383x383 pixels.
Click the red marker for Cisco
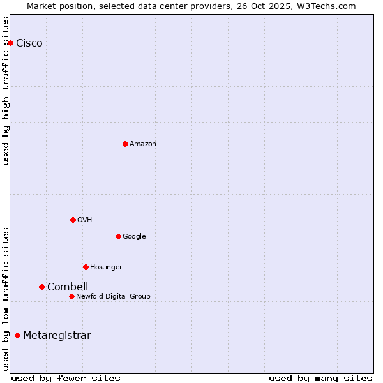[11, 43]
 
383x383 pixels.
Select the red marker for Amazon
[125, 144]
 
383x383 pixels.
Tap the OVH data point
[73, 220]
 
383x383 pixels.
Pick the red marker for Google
[118, 236]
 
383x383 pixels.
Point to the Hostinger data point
[86, 267]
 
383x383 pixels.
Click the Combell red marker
[41, 287]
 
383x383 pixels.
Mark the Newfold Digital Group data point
[71, 296]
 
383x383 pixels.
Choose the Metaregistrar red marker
[17, 336]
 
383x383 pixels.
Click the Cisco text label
[29, 43]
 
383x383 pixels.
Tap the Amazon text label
[143, 144]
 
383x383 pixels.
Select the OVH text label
[85, 220]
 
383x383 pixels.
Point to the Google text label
[134, 237]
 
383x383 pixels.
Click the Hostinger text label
[106, 267]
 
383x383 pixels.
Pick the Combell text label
[68, 287]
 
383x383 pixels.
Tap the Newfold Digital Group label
[113, 297]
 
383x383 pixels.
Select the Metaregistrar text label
[57, 336]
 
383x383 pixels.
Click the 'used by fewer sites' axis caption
[66, 379]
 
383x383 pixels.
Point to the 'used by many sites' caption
[320, 379]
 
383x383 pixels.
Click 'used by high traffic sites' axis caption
[6, 91]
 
